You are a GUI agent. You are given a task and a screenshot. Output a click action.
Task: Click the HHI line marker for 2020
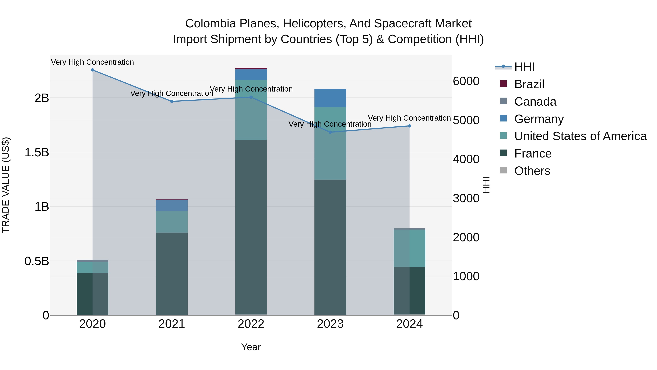coord(93,70)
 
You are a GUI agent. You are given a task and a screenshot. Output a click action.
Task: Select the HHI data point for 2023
coord(330,132)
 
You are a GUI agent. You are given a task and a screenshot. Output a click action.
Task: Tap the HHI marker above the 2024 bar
coord(410,126)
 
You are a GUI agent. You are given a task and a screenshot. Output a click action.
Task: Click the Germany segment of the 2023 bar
coord(330,98)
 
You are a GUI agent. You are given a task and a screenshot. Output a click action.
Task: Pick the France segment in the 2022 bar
coord(251,227)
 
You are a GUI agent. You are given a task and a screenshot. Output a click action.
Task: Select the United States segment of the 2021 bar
coord(172,222)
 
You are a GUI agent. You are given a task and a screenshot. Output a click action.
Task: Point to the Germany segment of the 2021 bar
coord(172,205)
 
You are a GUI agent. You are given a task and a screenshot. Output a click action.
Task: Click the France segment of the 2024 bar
coord(410,291)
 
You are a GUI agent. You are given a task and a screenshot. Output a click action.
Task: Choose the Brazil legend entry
coord(529,84)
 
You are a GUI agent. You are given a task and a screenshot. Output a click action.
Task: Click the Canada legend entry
coord(535,102)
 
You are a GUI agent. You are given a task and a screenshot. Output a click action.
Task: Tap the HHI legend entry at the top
coord(524,67)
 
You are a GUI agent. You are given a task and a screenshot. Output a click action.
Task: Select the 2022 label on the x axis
coord(251,324)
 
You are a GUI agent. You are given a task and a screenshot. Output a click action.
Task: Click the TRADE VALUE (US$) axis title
coord(6,185)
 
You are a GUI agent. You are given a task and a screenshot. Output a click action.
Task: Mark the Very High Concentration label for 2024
coord(409,118)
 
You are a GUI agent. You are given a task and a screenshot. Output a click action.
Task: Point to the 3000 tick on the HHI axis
coord(466,198)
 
